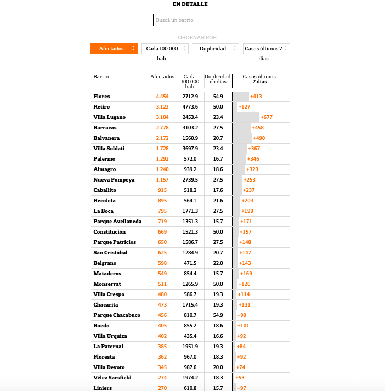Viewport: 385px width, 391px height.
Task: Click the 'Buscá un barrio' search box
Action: click(x=190, y=20)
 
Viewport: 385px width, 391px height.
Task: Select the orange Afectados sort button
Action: click(x=114, y=49)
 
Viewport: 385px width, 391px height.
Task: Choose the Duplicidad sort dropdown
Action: click(x=215, y=49)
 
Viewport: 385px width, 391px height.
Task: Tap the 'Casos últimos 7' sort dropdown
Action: click(x=266, y=49)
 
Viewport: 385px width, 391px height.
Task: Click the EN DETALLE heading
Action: click(x=190, y=4)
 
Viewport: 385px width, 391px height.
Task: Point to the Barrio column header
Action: click(x=101, y=77)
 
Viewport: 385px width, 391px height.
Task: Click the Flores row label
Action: click(x=102, y=97)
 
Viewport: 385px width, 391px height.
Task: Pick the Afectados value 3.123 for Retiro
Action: click(x=162, y=107)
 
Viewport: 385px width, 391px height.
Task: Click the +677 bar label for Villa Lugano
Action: click(x=267, y=117)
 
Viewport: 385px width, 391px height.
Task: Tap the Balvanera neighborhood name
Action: click(x=106, y=138)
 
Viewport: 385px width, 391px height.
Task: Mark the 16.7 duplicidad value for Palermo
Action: click(x=218, y=159)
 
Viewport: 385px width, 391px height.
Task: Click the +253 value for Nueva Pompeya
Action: click(x=250, y=180)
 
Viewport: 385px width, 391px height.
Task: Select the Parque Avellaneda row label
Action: click(x=117, y=222)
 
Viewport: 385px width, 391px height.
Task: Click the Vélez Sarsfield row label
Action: click(x=112, y=378)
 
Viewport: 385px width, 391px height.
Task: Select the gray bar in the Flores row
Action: click(x=241, y=97)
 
